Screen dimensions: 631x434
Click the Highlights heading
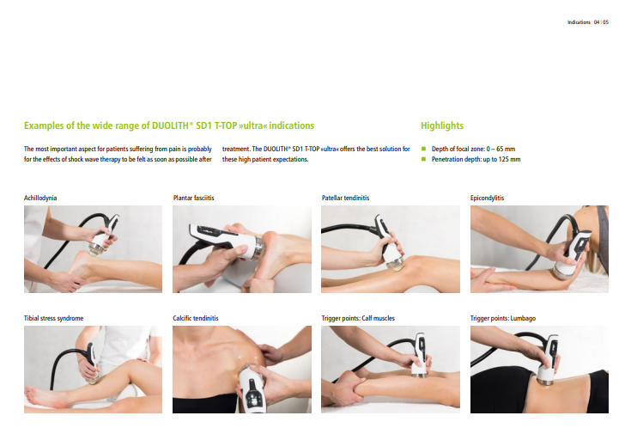(x=442, y=125)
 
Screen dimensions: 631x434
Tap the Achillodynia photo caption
(x=40, y=198)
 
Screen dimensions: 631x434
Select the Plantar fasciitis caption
(x=193, y=198)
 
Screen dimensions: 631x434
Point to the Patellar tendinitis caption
(x=345, y=198)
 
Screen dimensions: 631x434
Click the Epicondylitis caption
(x=487, y=198)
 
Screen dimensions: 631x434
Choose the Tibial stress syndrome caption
(x=53, y=318)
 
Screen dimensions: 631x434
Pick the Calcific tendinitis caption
(x=196, y=318)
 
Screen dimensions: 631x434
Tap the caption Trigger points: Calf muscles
(x=358, y=318)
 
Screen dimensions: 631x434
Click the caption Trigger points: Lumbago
(x=502, y=318)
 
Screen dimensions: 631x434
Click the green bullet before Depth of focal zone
(x=423, y=149)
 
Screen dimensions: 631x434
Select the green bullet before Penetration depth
(x=423, y=159)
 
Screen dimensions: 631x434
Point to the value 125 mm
(x=509, y=159)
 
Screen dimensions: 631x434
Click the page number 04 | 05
(x=601, y=22)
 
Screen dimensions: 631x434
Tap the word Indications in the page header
(x=579, y=22)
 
